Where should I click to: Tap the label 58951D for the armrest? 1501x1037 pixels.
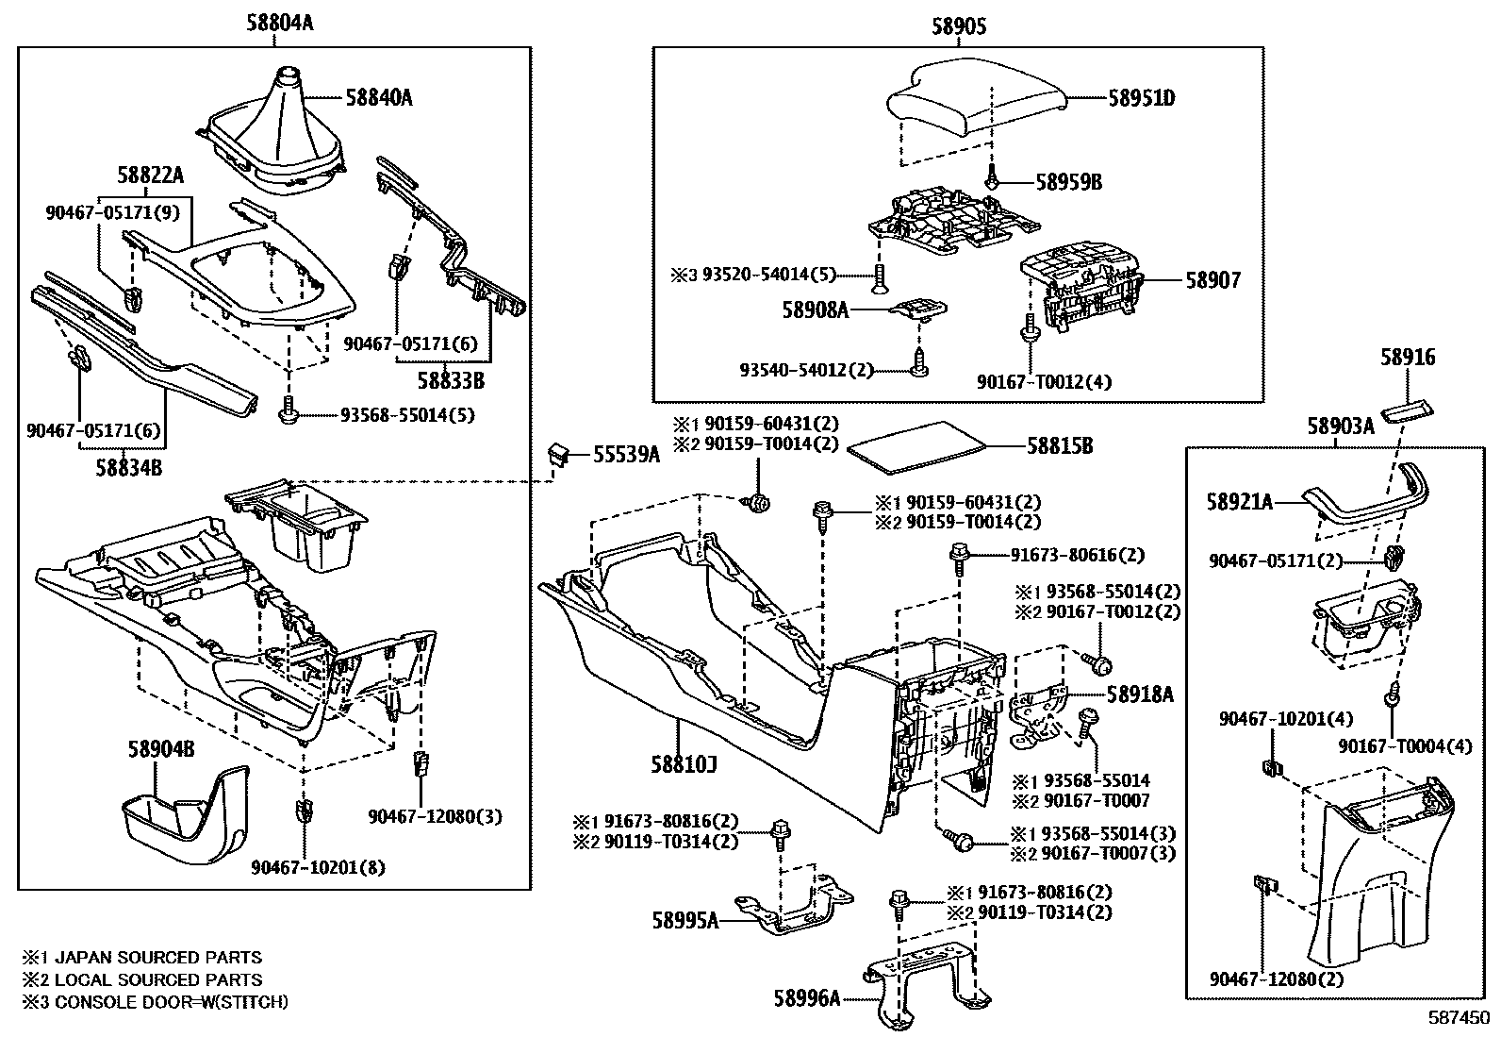pyautogui.click(x=1141, y=98)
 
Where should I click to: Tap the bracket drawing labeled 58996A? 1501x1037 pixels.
pyautogui.click(x=929, y=986)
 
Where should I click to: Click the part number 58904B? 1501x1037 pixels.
pyautogui.click(x=161, y=749)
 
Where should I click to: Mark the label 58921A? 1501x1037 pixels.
pyautogui.click(x=1239, y=503)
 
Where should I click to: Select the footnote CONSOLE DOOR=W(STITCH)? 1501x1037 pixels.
pyautogui.click(x=170, y=1002)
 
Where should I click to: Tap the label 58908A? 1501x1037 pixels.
pyautogui.click(x=815, y=309)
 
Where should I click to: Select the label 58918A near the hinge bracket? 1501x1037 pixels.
pyautogui.click(x=1139, y=694)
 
